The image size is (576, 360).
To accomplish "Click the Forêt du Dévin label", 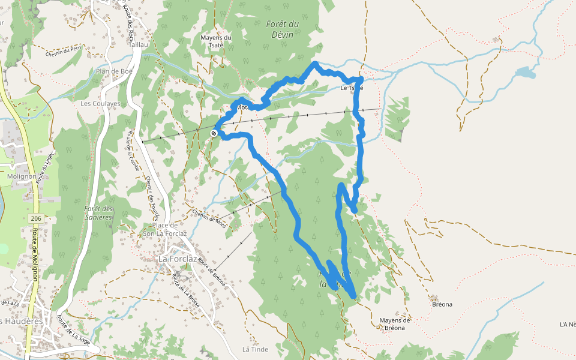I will pyautogui.click(x=281, y=29).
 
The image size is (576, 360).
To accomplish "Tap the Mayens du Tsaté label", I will pyautogui.click(x=215, y=41).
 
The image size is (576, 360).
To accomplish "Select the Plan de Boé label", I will pyautogui.click(x=113, y=71).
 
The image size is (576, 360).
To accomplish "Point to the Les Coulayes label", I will pyautogui.click(x=100, y=103).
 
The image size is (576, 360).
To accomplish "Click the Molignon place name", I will pyautogui.click(x=22, y=176).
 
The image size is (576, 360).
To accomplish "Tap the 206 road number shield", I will pyautogui.click(x=35, y=218).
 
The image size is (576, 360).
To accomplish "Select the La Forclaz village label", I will pyautogui.click(x=178, y=259).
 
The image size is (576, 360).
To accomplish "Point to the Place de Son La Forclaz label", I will pyautogui.click(x=161, y=229).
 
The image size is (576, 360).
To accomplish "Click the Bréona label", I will pyautogui.click(x=442, y=304).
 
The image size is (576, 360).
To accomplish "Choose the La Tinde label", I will pyautogui.click(x=255, y=349).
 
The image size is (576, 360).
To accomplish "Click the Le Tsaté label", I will pyautogui.click(x=352, y=88).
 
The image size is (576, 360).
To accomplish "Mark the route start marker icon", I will pyautogui.click(x=214, y=133).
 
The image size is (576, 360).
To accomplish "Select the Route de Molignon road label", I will pyautogui.click(x=35, y=254).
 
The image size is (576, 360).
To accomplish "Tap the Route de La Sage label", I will pyautogui.click(x=73, y=332).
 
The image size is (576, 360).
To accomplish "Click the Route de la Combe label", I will pyautogui.click(x=133, y=151).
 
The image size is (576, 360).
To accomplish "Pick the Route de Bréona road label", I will pyautogui.click(x=211, y=274).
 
